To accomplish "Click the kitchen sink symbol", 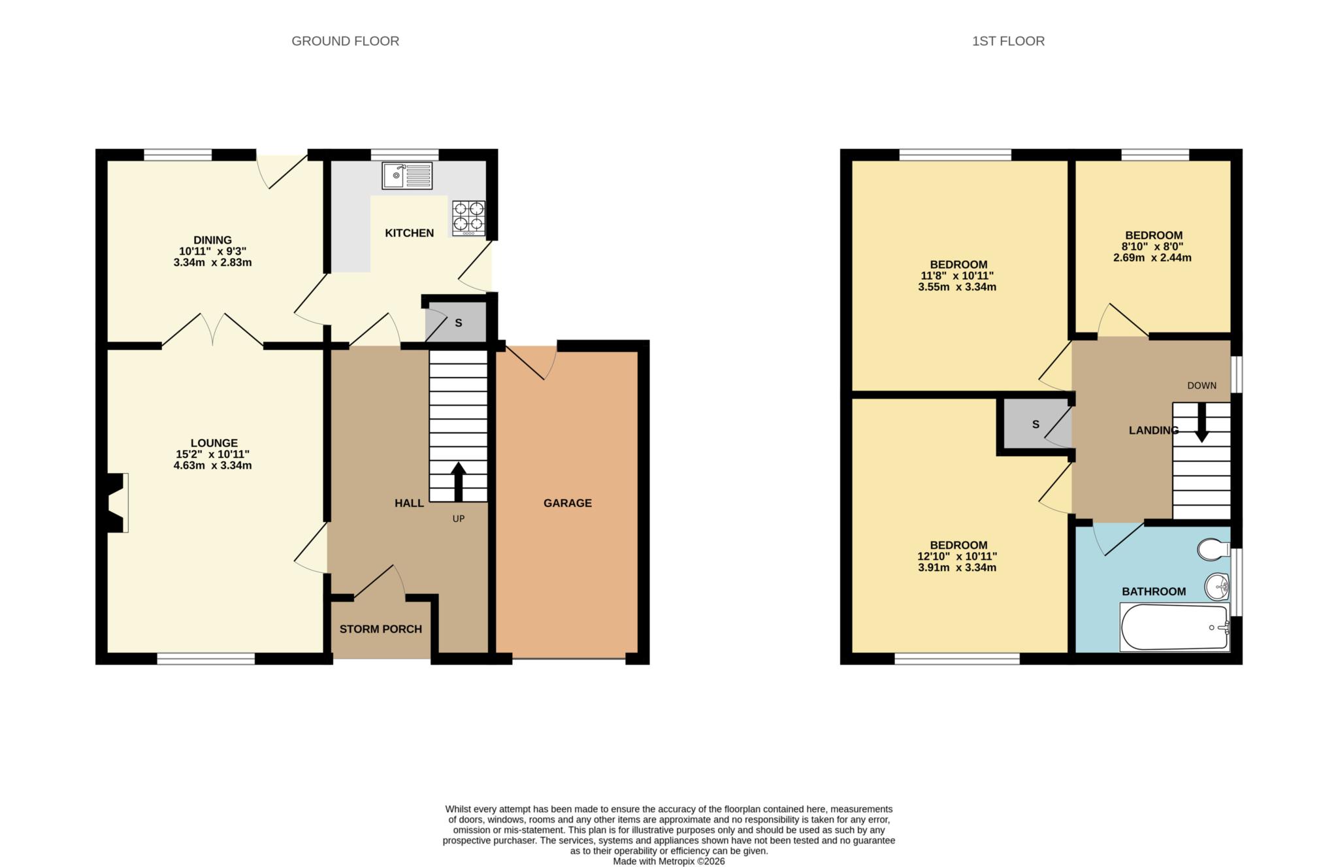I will click(407, 175).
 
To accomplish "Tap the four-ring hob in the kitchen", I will click(468, 218).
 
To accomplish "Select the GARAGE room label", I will click(567, 503).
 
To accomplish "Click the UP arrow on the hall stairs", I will click(458, 481).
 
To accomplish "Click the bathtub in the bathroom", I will click(1174, 627).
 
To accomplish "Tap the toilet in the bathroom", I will click(1213, 549).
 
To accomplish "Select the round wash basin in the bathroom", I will click(1216, 586).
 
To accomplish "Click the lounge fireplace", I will click(115, 502).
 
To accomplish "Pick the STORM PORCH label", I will click(380, 629).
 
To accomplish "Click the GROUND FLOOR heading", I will click(345, 41).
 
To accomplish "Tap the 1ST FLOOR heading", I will click(1007, 41).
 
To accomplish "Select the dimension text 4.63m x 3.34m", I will click(212, 466).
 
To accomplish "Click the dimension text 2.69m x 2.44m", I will click(1152, 258).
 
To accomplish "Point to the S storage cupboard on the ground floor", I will click(458, 323).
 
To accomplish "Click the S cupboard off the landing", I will click(1035, 425).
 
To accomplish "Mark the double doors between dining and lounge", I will click(212, 330).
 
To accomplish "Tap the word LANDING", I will click(1153, 430).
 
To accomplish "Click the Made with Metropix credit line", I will click(668, 861).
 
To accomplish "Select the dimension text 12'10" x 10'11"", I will click(957, 557).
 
